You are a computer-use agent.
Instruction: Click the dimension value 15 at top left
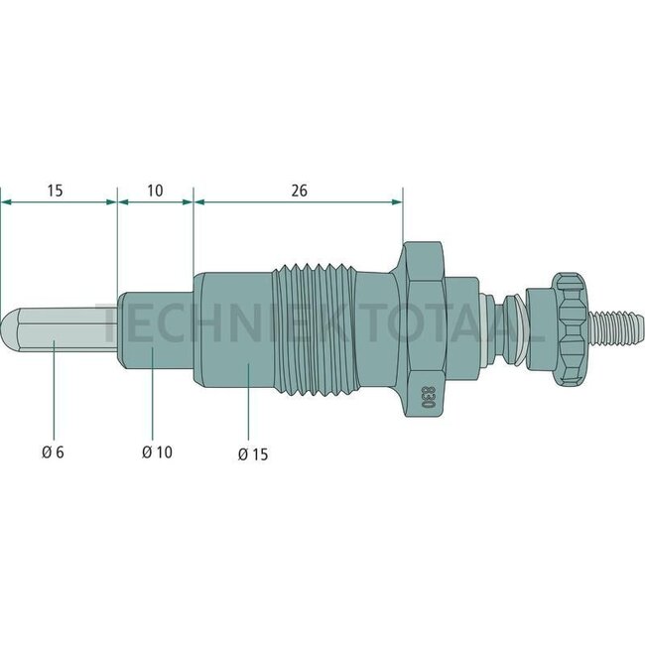pyautogui.click(x=57, y=189)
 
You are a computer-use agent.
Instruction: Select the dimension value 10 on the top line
pyautogui.click(x=155, y=189)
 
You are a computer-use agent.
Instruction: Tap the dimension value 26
pyautogui.click(x=299, y=189)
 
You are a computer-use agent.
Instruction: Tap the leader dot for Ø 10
pyautogui.click(x=153, y=350)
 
